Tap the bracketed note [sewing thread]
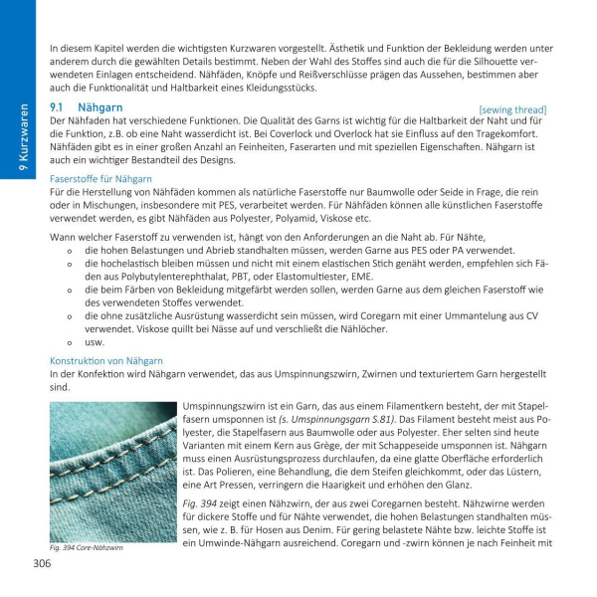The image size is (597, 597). [511, 109]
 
